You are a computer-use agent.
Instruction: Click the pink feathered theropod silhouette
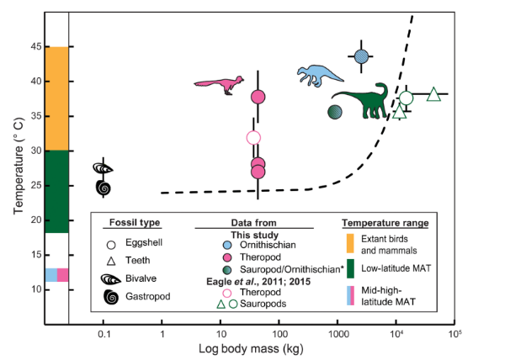(x=222, y=85)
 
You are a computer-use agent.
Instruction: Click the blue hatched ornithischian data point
(x=361, y=56)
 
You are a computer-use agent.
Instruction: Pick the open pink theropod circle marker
(x=253, y=138)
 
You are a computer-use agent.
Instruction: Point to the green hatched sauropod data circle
(x=335, y=112)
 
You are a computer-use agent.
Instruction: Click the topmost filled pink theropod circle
(x=258, y=97)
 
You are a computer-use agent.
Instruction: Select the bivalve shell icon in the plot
(x=103, y=168)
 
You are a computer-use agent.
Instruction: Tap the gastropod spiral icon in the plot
(x=104, y=188)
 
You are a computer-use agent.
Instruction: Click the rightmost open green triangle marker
(x=433, y=94)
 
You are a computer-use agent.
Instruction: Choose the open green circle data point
(x=407, y=98)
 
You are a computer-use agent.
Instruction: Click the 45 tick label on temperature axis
(x=36, y=47)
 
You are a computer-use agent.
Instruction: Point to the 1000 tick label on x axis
(x=338, y=334)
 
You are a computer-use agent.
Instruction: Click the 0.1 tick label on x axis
(x=104, y=334)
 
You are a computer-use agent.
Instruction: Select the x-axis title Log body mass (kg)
(x=251, y=349)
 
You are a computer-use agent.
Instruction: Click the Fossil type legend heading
(x=135, y=223)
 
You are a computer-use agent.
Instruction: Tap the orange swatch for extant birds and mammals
(x=350, y=244)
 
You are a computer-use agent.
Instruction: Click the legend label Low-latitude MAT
(x=396, y=268)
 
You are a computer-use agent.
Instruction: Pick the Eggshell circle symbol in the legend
(x=111, y=245)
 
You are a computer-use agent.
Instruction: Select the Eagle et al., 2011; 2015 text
(x=258, y=282)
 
